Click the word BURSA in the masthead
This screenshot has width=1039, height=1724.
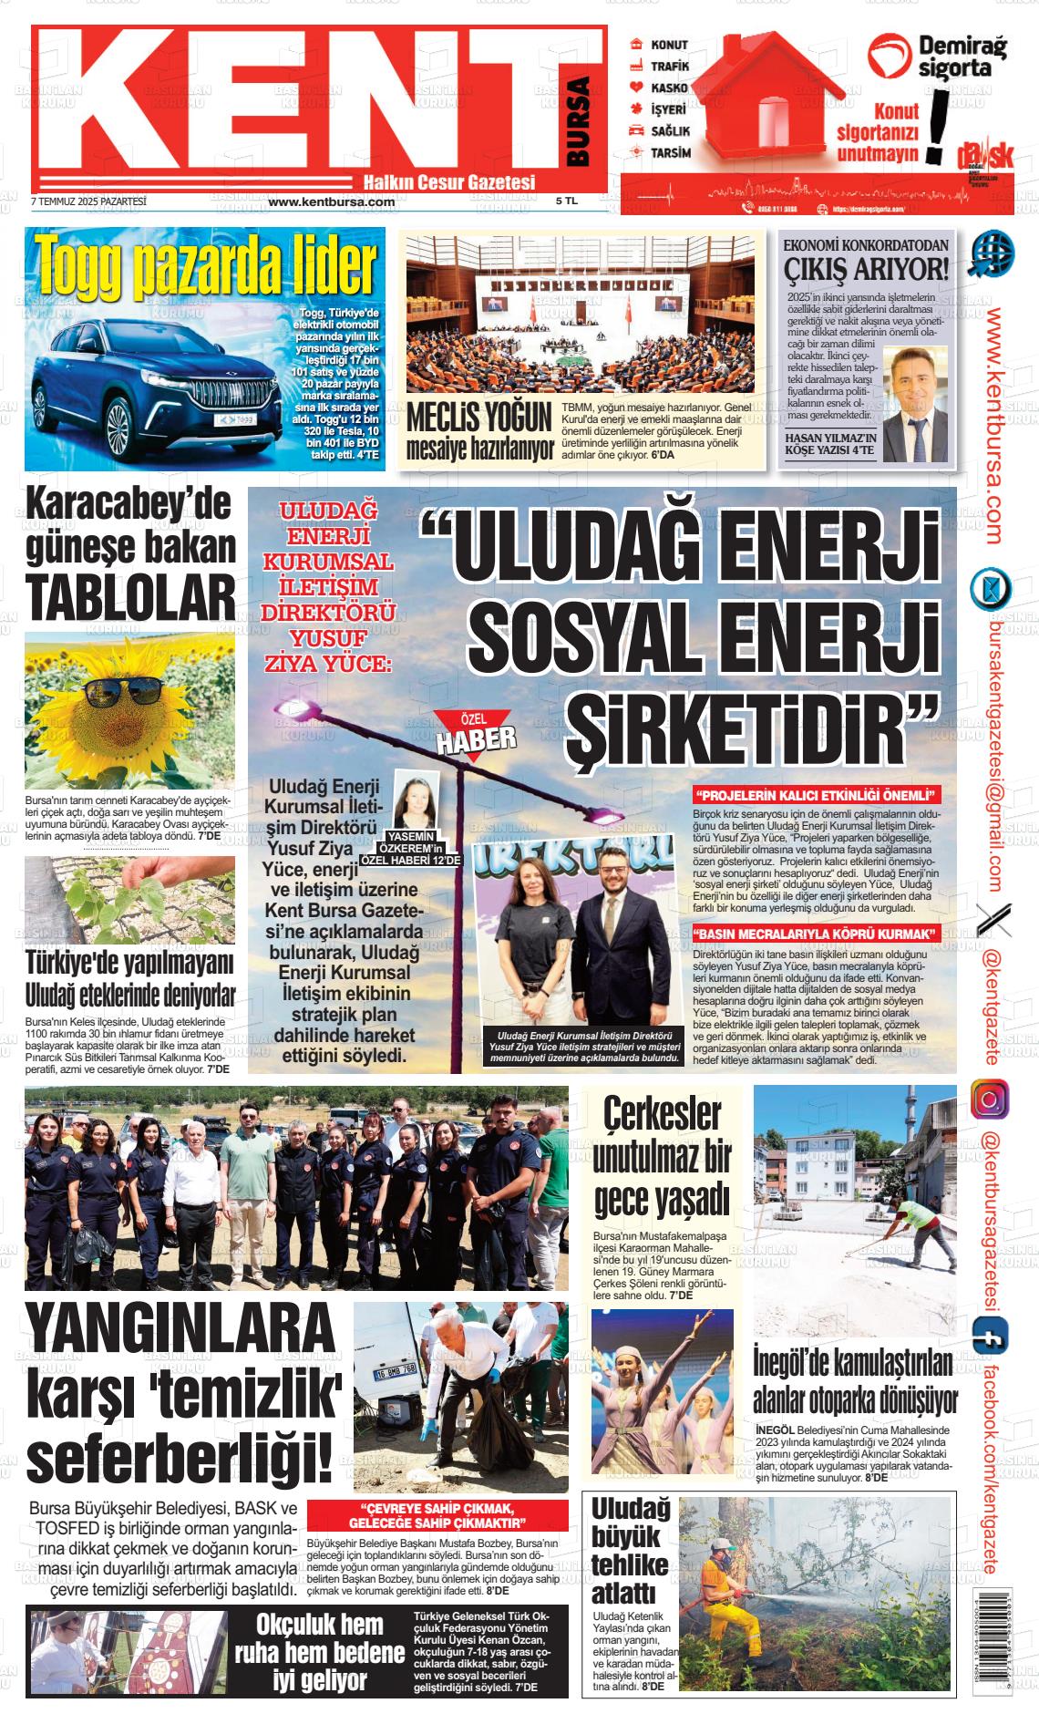tap(578, 121)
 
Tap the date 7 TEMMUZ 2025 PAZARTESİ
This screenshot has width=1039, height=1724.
tap(88, 201)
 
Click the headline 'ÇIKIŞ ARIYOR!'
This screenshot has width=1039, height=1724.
tap(867, 269)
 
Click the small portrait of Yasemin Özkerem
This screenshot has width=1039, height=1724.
tap(416, 801)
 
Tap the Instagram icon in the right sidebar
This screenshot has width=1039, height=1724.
tap(989, 1099)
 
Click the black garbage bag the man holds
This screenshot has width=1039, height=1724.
tap(496, 1447)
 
